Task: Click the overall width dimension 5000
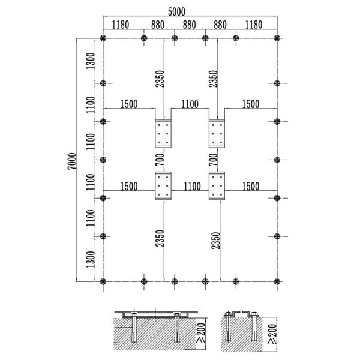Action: coord(176,12)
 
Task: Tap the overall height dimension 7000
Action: coord(72,161)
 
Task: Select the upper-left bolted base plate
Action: coord(163,134)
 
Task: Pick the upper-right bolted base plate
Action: coord(217,134)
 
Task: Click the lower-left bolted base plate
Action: coord(163,186)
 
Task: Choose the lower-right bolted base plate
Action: coord(217,186)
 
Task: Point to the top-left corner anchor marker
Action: coord(103,38)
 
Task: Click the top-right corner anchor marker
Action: coord(277,38)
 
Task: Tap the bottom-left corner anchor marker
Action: coord(103,281)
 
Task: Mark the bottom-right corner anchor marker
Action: coord(277,281)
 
